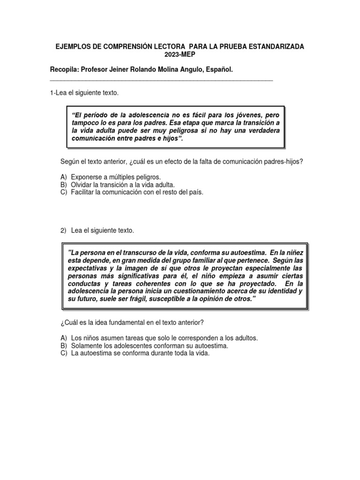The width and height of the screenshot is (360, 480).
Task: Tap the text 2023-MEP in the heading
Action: pyautogui.click(x=180, y=54)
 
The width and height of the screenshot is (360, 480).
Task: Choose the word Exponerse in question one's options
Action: pyautogui.click(x=86, y=177)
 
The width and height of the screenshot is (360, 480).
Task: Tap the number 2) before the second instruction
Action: pyautogui.click(x=64, y=231)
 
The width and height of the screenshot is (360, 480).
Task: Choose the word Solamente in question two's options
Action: pyautogui.click(x=86, y=346)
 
